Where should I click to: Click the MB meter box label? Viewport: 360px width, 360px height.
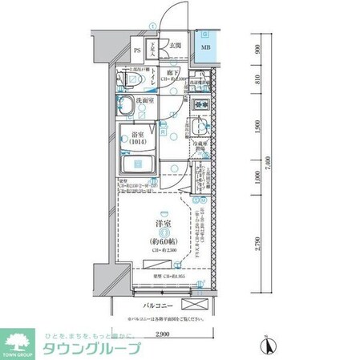[206, 48]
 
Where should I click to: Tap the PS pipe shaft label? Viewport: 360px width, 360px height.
[137, 51]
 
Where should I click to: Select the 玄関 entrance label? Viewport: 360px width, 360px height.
[175, 47]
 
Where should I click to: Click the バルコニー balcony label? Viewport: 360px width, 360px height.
[160, 306]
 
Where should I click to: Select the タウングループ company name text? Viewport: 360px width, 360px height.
[91, 350]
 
